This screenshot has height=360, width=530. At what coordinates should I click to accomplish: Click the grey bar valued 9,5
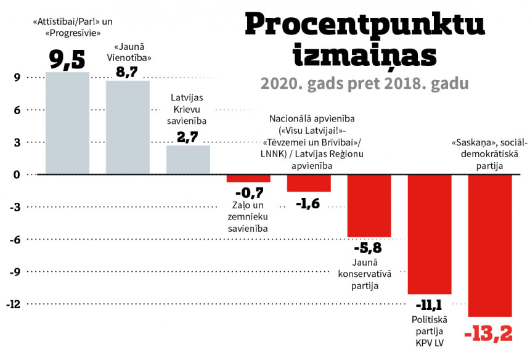coord(68,123)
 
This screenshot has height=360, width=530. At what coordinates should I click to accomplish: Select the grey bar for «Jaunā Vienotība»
coord(128,128)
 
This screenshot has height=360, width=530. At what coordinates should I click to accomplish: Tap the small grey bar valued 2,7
coord(188,160)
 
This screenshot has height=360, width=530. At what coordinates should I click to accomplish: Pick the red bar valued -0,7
coord(248,179)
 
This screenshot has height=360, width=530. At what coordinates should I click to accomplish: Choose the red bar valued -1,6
coord(309,184)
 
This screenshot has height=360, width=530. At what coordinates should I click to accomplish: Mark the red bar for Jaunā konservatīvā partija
coord(369,206)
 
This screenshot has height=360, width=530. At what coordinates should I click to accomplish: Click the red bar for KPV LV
coord(430,234)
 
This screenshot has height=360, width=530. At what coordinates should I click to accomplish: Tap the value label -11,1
coord(430,305)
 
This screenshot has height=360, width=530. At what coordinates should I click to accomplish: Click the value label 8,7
coord(128,72)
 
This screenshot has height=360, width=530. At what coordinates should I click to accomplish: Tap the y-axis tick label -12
coord(14,304)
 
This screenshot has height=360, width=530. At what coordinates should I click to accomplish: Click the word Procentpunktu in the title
coord(365,25)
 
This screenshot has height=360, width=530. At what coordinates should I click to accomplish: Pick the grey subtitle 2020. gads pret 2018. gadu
coord(365,83)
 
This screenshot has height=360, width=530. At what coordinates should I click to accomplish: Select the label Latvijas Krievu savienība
coord(188,109)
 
